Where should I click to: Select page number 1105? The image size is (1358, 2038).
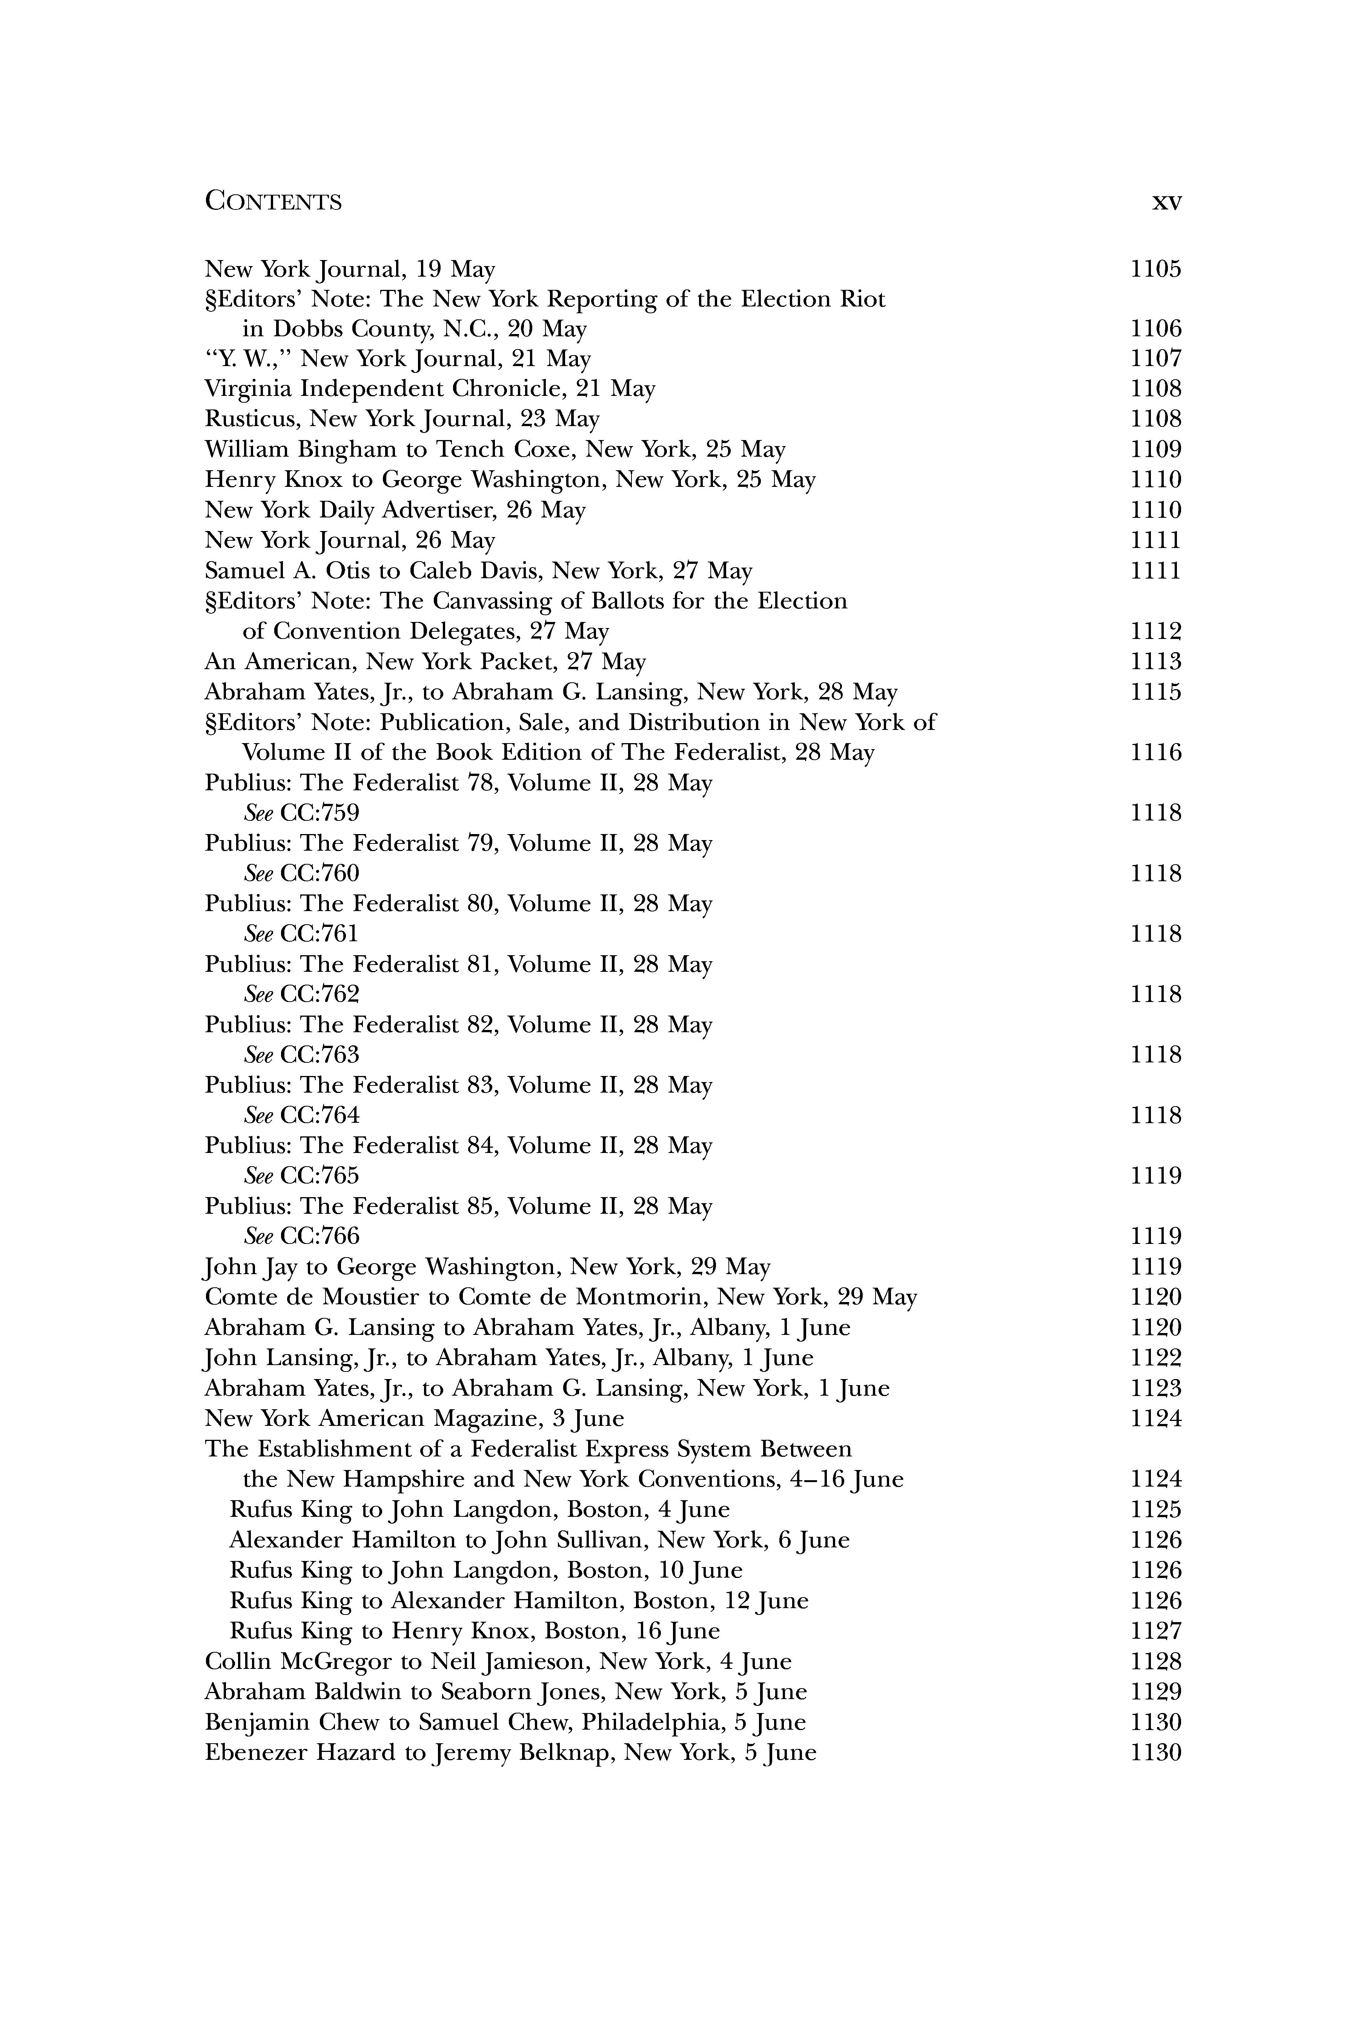1155,269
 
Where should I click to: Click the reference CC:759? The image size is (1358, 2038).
320,813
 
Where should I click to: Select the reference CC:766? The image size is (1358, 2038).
320,1236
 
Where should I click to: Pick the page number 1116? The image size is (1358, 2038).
1155,752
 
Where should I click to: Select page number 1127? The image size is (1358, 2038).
1155,1631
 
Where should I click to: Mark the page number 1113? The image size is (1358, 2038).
1155,662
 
